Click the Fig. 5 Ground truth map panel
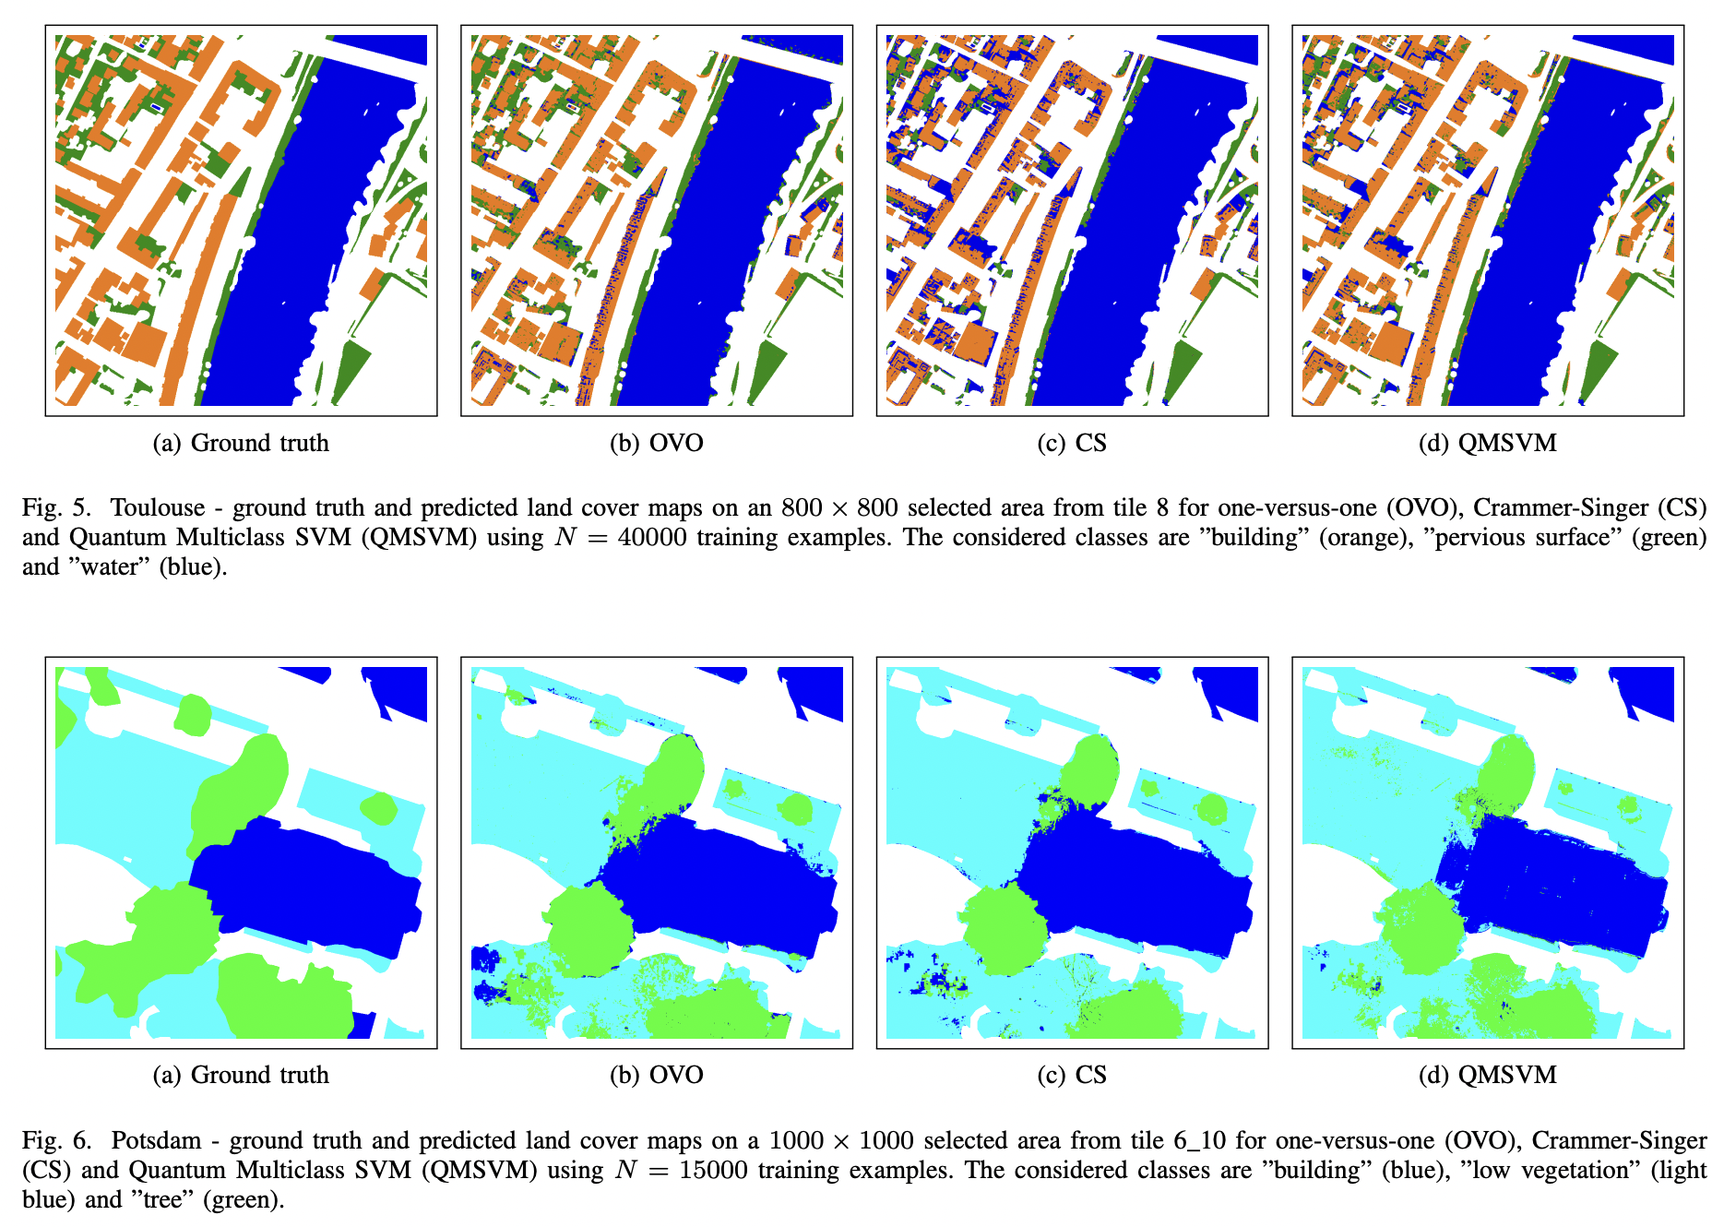click(x=241, y=220)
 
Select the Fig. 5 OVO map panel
click(x=657, y=220)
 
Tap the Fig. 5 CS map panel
click(x=1072, y=220)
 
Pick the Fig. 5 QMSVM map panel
click(x=1488, y=220)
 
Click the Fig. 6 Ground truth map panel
click(x=241, y=852)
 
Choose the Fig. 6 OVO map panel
click(x=657, y=852)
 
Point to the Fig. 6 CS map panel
click(x=1072, y=852)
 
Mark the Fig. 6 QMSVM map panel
click(x=1488, y=852)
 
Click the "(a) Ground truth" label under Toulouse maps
click(x=241, y=444)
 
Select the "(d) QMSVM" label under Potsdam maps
click(x=1488, y=1076)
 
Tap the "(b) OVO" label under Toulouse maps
click(x=657, y=444)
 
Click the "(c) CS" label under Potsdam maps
click(x=1072, y=1076)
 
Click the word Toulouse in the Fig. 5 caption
click(x=158, y=508)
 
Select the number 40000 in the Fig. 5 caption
click(x=652, y=538)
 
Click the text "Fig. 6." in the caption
click(x=57, y=1141)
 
